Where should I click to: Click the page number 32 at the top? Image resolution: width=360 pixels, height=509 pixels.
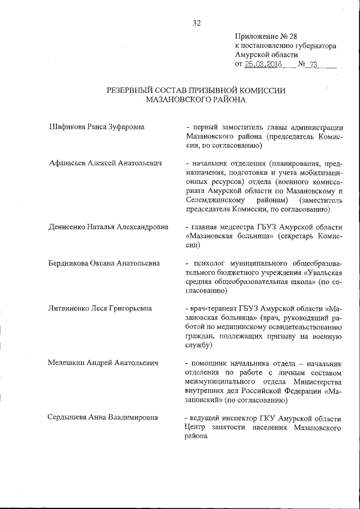coord(197,23)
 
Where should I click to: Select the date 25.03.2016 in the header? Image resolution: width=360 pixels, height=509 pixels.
coord(263,65)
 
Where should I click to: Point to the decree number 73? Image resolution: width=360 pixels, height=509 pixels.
coord(313,65)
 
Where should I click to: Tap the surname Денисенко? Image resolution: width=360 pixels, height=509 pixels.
coord(67,227)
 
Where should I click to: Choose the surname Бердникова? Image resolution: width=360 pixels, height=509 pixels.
coord(69,263)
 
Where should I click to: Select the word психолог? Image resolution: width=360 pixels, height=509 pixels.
coord(209,263)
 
